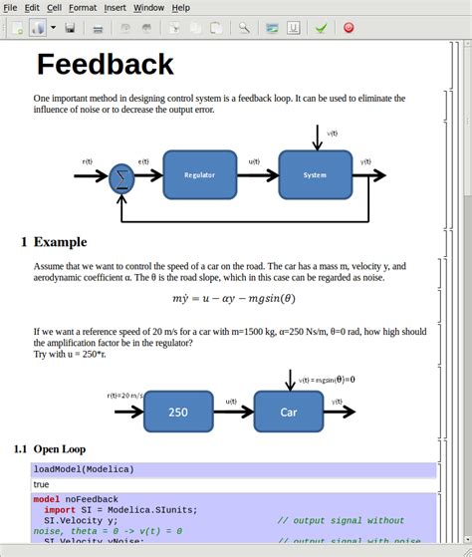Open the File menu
(x=10, y=7)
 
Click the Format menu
(x=83, y=7)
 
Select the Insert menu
(x=115, y=7)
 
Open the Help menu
(x=180, y=7)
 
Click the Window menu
(x=148, y=7)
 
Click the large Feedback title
(x=106, y=65)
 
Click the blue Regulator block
(x=199, y=174)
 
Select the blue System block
(x=315, y=174)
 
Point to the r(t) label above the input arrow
(x=89, y=160)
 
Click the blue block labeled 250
(x=177, y=412)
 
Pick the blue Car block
(x=288, y=412)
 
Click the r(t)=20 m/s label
(x=125, y=397)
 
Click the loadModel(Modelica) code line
(x=84, y=469)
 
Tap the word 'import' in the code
(x=59, y=509)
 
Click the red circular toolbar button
(x=349, y=28)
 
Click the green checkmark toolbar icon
(x=321, y=28)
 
